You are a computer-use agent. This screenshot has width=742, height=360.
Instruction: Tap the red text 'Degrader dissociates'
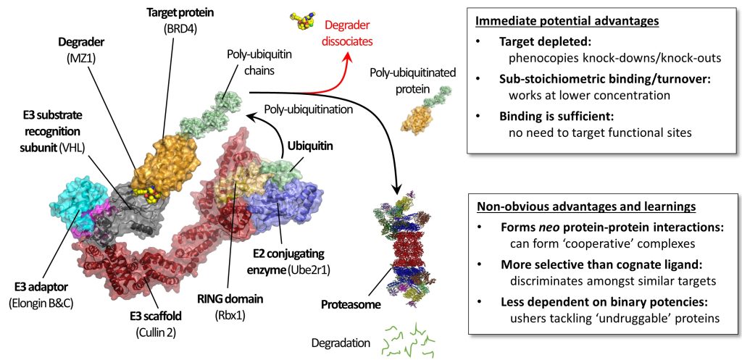click(342, 34)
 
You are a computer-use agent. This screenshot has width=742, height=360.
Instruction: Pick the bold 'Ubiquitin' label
click(312, 146)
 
